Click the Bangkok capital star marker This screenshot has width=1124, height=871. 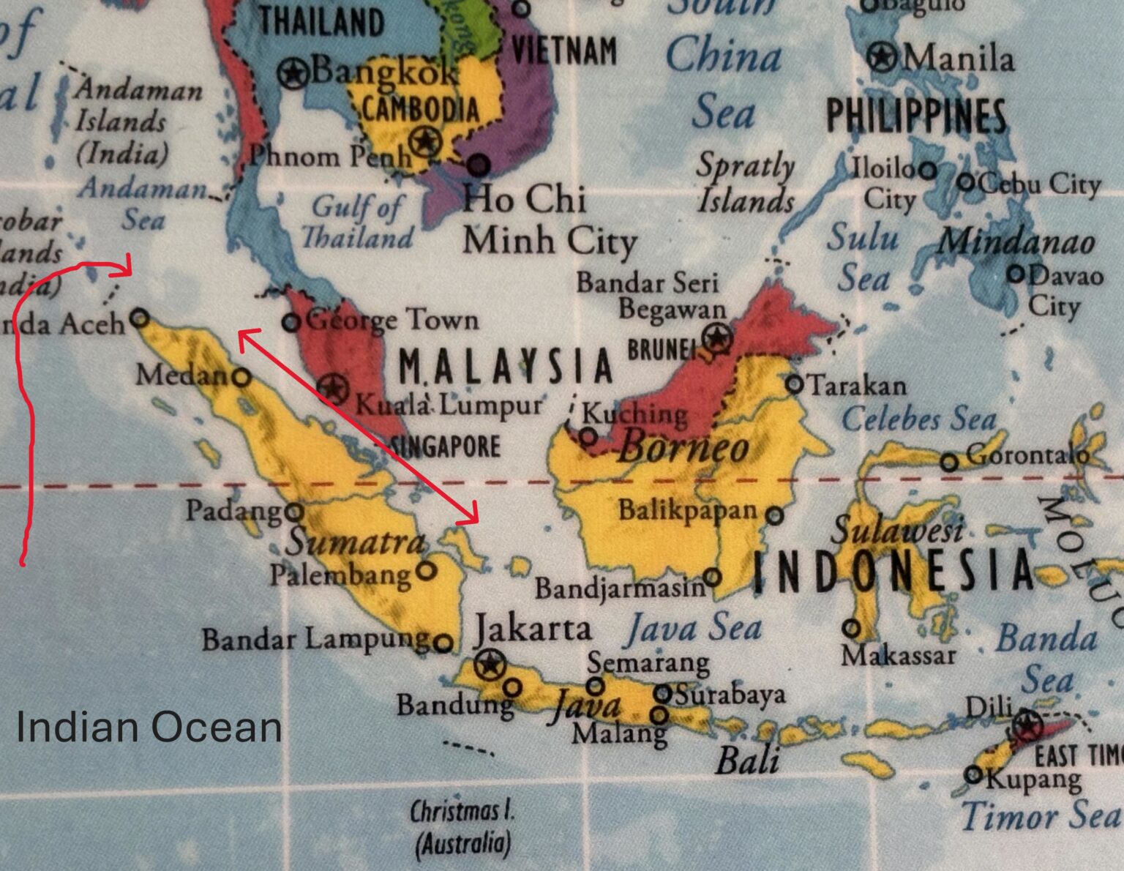coord(293,72)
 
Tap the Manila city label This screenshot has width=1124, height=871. coord(958,59)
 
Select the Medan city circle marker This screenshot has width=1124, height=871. coord(241,378)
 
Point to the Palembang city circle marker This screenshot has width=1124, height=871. coord(426,570)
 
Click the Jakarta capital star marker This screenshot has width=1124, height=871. coord(488,665)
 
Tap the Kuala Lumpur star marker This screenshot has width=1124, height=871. coord(334,387)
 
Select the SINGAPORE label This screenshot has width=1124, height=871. coord(445,446)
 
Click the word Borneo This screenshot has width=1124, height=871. coord(683,448)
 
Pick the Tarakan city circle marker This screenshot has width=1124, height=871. coord(795,384)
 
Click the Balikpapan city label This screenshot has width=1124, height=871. coord(688,510)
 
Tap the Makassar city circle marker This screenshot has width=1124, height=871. coord(851,628)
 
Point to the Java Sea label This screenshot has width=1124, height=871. coord(693,629)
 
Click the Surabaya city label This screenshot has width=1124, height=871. coord(730,694)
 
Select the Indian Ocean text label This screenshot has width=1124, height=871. coord(149,727)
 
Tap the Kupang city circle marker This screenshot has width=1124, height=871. coord(973,774)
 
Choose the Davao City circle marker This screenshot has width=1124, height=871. coord(1016,274)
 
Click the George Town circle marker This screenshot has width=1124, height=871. coord(291,321)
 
